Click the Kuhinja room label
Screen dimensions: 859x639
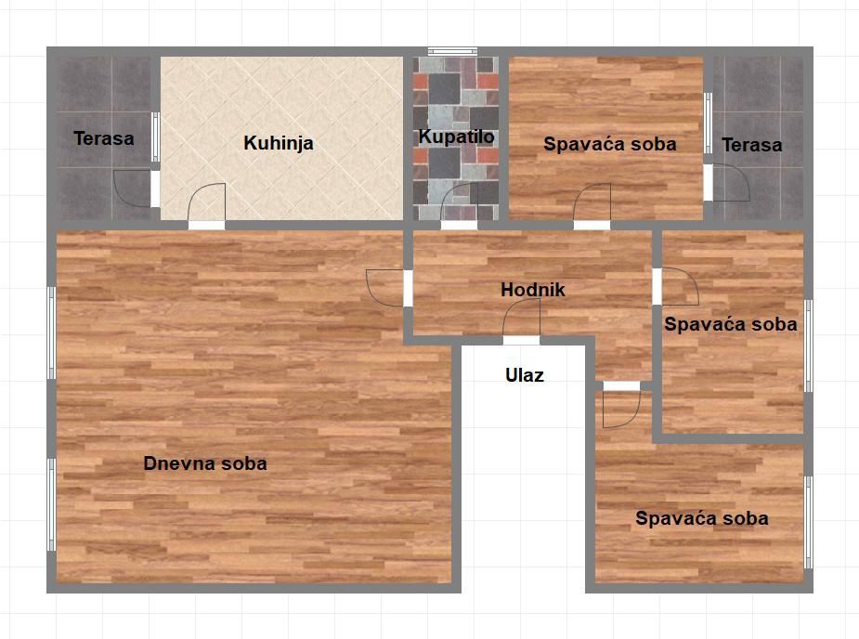pyautogui.click(x=279, y=143)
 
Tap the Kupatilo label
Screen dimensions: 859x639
pyautogui.click(x=456, y=137)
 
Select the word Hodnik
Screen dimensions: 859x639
pyautogui.click(x=532, y=290)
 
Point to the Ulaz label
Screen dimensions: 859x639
pyautogui.click(x=525, y=375)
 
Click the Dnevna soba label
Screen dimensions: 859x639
pyautogui.click(x=205, y=463)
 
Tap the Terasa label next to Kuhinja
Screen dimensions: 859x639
pyautogui.click(x=103, y=138)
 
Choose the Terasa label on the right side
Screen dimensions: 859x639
pyautogui.click(x=751, y=145)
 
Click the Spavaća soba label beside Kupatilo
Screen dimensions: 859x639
pyautogui.click(x=610, y=144)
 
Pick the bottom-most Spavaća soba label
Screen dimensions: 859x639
pyautogui.click(x=702, y=518)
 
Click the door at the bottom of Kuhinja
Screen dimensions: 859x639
pyautogui.click(x=206, y=206)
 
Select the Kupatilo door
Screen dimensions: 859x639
pyautogui.click(x=459, y=206)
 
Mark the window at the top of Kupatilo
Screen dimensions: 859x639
pyautogui.click(x=452, y=51)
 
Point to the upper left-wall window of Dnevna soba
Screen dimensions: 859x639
pyautogui.click(x=51, y=333)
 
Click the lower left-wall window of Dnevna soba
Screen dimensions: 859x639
pyautogui.click(x=51, y=504)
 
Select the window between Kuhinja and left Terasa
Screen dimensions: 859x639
pyautogui.click(x=156, y=137)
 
